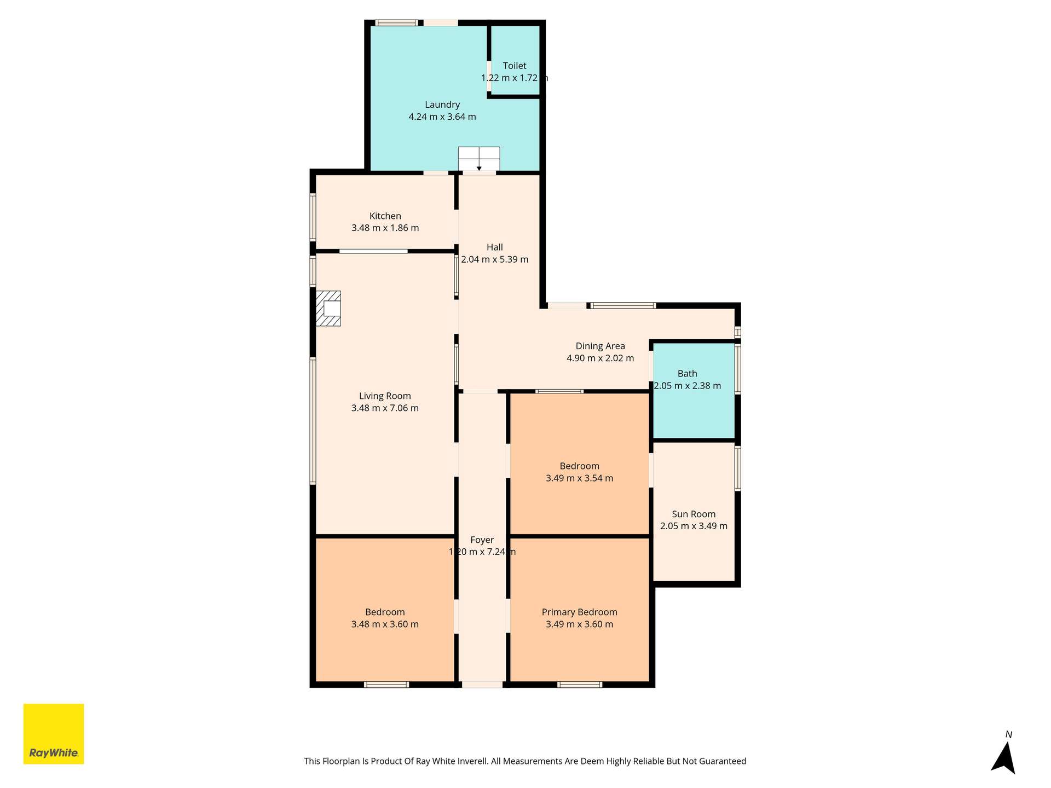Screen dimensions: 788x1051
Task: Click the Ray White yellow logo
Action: [54, 733]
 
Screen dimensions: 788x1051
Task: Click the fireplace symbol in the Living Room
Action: [328, 309]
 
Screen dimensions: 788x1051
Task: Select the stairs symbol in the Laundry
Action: [479, 159]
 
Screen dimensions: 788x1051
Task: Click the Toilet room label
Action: [515, 66]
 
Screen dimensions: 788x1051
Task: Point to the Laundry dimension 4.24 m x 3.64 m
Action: [442, 117]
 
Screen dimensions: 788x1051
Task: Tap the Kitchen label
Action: [385, 216]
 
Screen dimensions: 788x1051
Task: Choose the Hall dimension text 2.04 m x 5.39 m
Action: [495, 259]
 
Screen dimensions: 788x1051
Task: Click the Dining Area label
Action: [600, 346]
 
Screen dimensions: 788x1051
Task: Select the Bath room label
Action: [688, 374]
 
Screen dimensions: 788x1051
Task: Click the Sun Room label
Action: [694, 514]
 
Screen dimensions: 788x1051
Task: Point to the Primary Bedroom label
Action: [579, 612]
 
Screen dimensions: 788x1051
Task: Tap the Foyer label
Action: [482, 540]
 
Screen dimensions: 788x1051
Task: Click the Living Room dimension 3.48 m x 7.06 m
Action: [385, 408]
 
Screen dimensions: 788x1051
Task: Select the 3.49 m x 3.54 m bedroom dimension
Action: [579, 478]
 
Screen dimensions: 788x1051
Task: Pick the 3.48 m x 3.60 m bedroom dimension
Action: [385, 624]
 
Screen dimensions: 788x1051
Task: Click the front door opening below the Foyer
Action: [482, 685]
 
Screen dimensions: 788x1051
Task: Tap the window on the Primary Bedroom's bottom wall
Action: [580, 685]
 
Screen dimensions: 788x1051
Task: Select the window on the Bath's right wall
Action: [738, 369]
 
